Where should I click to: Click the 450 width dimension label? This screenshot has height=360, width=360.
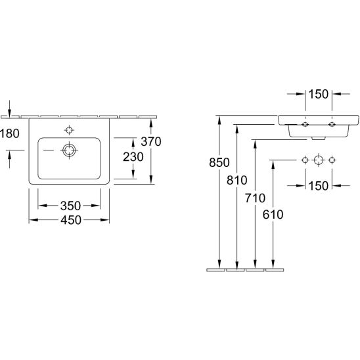(71, 220)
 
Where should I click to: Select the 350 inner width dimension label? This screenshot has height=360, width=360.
(70, 206)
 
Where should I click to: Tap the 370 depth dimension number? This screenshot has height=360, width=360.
(151, 141)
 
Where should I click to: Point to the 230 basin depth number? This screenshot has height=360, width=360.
(133, 157)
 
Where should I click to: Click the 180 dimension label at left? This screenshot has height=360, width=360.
(10, 133)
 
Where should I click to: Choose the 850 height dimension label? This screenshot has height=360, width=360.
(219, 162)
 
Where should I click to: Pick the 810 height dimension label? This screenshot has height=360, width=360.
(237, 180)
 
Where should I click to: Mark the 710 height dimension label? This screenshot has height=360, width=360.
(255, 198)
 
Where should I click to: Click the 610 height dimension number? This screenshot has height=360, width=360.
(273, 215)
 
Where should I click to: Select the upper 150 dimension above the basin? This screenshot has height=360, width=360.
(319, 94)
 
